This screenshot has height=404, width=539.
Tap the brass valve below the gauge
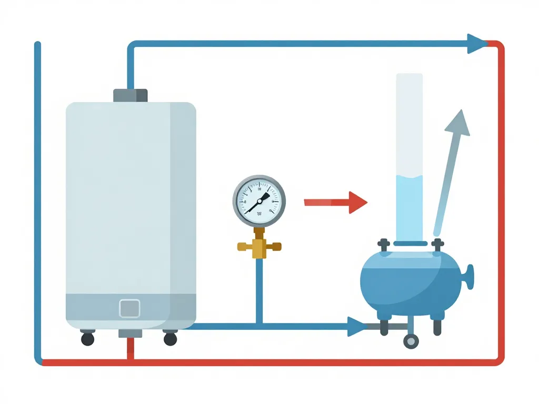pyautogui.click(x=258, y=246)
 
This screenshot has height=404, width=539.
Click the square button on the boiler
pyautogui.click(x=129, y=308)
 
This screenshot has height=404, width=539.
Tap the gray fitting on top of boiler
pyautogui.click(x=130, y=95)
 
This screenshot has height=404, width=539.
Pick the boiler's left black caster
pyautogui.click(x=87, y=339)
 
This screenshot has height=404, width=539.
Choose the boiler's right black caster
pyautogui.click(x=170, y=339)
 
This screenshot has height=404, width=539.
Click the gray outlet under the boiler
pyautogui.click(x=129, y=333)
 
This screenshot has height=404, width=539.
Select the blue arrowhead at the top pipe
pyautogui.click(x=477, y=44)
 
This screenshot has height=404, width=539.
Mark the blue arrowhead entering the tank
pyautogui.click(x=357, y=326)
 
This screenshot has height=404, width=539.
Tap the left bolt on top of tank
pyautogui.click(x=384, y=245)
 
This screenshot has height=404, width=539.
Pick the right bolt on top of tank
pyautogui.click(x=437, y=245)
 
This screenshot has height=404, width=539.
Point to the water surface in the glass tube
pyautogui.click(x=409, y=176)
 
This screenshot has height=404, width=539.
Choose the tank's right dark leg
pyautogui.click(x=437, y=326)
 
